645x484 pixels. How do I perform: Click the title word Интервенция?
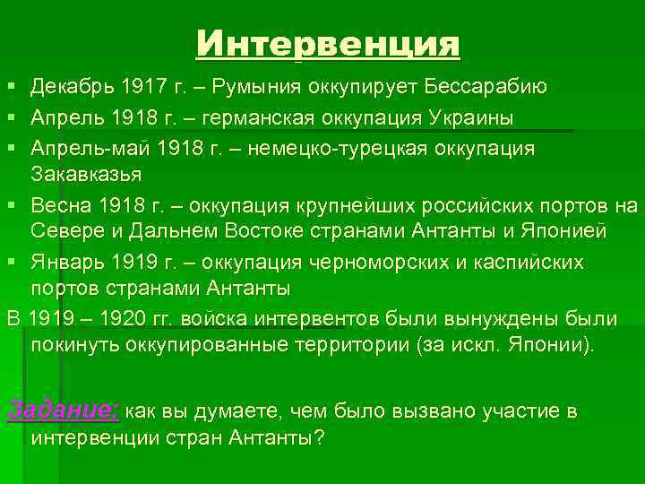328,44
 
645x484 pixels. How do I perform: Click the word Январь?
62,264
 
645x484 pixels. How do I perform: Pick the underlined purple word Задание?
61,410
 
